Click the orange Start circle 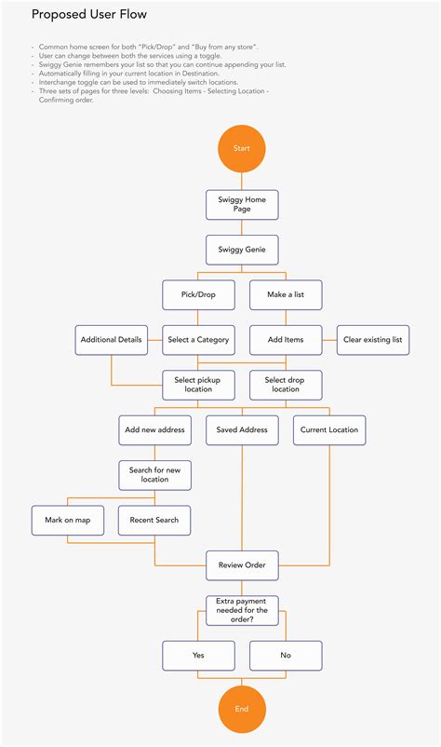pos(242,149)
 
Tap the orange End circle pos(242,709)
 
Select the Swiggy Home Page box pos(242,205)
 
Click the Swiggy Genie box pos(242,250)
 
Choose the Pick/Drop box pos(198,294)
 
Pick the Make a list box pos(286,294)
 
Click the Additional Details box pos(112,340)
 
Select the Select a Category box pos(198,340)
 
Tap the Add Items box pos(286,340)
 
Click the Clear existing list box pos(373,340)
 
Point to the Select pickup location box pos(198,385)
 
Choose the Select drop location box pos(286,385)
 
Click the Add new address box pos(154,429)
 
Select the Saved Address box pos(242,429)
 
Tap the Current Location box pos(329,429)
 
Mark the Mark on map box pos(68,520)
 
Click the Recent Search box pos(154,520)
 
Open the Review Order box pos(242,564)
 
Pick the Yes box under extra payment pos(198,655)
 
